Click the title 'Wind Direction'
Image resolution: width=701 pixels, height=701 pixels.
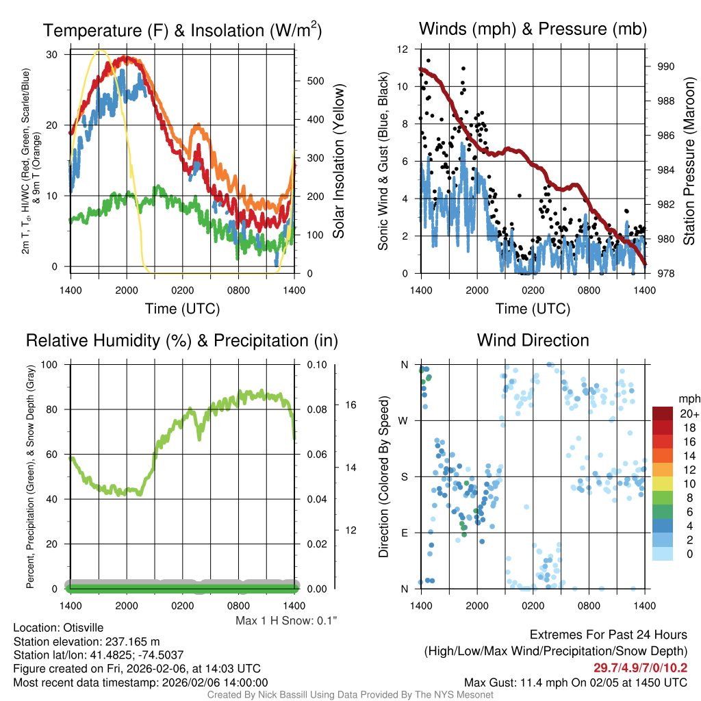tap(533, 340)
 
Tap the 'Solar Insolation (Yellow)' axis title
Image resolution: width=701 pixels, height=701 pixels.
tap(339, 162)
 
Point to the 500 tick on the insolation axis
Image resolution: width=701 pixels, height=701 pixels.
tap(315, 81)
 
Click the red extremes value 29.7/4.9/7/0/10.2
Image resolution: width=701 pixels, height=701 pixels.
tap(640, 667)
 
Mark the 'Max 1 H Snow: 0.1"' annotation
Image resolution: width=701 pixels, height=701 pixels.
tap(286, 620)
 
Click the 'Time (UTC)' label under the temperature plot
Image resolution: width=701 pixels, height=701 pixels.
tap(182, 309)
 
